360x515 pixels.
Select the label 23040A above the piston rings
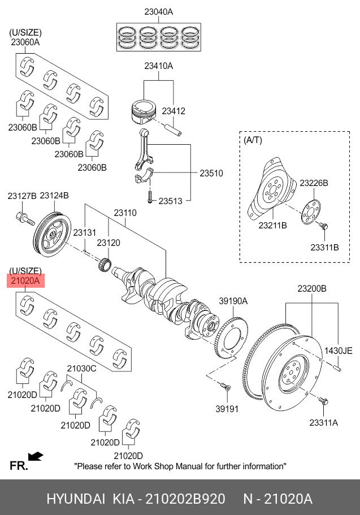(x=158, y=11)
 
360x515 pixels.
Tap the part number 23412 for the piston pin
(x=174, y=111)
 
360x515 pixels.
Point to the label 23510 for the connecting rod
(x=211, y=173)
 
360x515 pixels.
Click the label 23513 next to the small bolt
(x=171, y=201)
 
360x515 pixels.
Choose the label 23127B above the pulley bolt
(x=21, y=196)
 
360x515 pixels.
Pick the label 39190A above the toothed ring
(x=233, y=301)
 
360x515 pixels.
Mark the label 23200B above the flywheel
(x=312, y=289)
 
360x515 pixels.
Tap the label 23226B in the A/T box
(x=314, y=183)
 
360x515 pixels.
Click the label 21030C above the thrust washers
(x=82, y=369)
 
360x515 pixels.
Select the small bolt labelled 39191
(x=225, y=388)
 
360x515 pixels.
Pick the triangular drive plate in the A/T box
(x=271, y=187)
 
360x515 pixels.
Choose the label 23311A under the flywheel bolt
(x=323, y=422)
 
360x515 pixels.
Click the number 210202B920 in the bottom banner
(x=185, y=499)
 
